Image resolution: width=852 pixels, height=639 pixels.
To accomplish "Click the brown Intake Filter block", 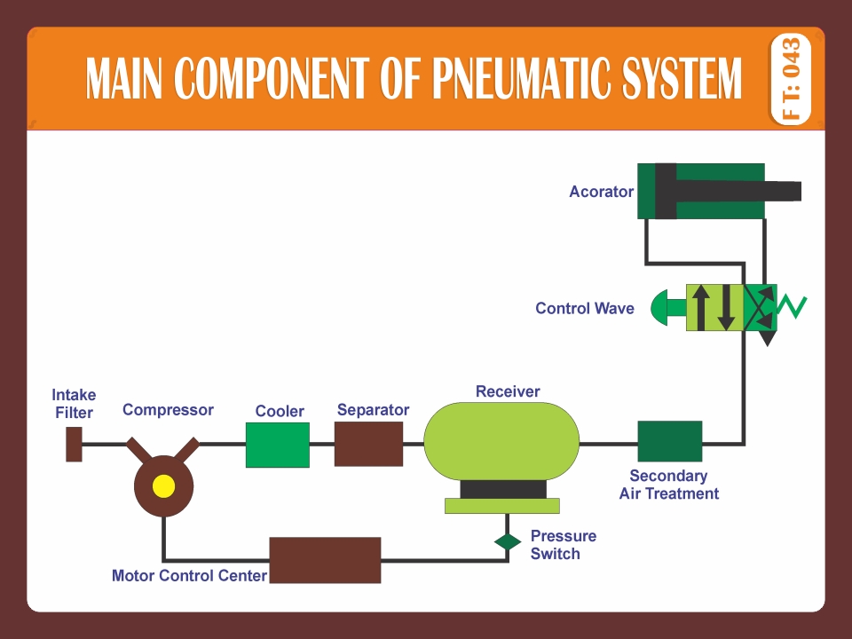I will click(75, 444).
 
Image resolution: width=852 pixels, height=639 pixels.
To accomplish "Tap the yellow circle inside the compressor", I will click(163, 485).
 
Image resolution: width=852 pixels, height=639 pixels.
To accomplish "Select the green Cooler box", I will click(278, 445).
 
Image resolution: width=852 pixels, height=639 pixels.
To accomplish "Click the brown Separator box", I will click(368, 444).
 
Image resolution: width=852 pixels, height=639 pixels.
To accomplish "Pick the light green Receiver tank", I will click(501, 441).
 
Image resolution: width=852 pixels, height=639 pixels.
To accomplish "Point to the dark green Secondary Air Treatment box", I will click(670, 442).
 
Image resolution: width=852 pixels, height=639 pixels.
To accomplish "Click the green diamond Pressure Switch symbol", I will click(508, 541).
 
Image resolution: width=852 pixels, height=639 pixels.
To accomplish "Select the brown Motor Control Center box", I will click(325, 560).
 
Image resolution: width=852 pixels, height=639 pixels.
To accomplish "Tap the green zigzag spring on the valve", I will click(792, 307).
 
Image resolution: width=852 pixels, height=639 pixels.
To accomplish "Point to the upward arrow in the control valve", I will click(701, 307).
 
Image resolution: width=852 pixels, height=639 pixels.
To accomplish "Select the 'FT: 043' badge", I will click(791, 79).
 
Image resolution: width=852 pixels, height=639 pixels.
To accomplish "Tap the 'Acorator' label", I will click(601, 192).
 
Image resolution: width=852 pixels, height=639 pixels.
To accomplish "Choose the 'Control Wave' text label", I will click(584, 309).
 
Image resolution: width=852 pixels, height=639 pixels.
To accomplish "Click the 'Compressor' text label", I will click(168, 410).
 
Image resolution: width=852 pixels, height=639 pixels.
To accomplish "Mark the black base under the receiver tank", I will click(502, 489).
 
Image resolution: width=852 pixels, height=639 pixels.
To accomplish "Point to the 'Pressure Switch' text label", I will click(563, 545).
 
